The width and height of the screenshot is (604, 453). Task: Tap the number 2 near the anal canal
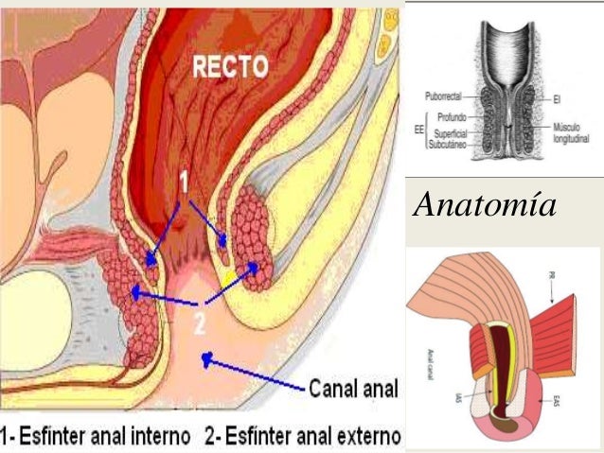tap(199, 323)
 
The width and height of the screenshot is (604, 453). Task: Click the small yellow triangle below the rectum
tap(227, 276)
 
